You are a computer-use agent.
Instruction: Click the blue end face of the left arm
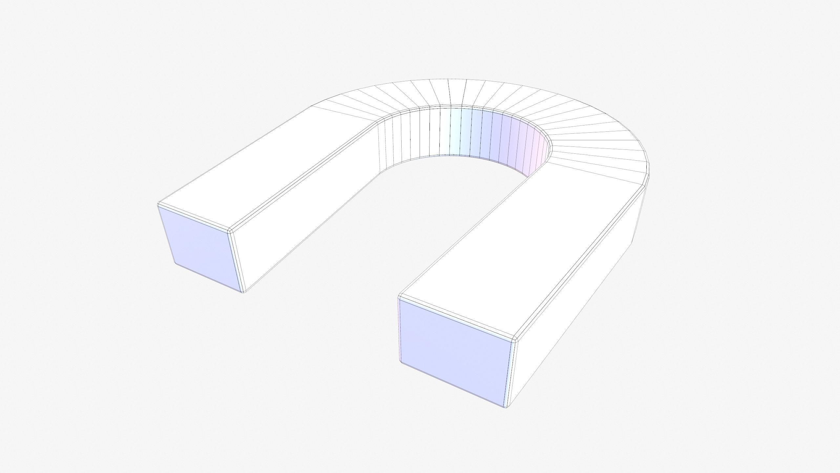200,248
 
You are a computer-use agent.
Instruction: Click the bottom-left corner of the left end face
176,263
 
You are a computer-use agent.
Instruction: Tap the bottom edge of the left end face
209,277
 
